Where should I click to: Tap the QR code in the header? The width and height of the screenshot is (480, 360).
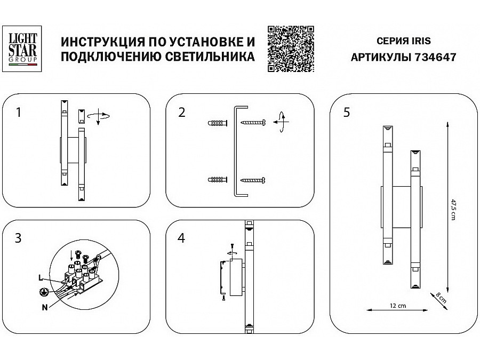click(290, 49)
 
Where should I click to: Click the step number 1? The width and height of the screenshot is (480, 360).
click(19, 113)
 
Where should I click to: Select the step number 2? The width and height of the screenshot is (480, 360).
click(182, 113)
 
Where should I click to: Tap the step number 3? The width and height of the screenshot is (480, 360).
click(19, 238)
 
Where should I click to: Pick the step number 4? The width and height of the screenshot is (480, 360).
click(182, 238)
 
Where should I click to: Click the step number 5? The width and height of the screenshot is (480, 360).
click(347, 113)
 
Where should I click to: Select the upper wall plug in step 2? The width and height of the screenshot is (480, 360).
click(216, 124)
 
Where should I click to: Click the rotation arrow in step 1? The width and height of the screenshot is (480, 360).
click(99, 115)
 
